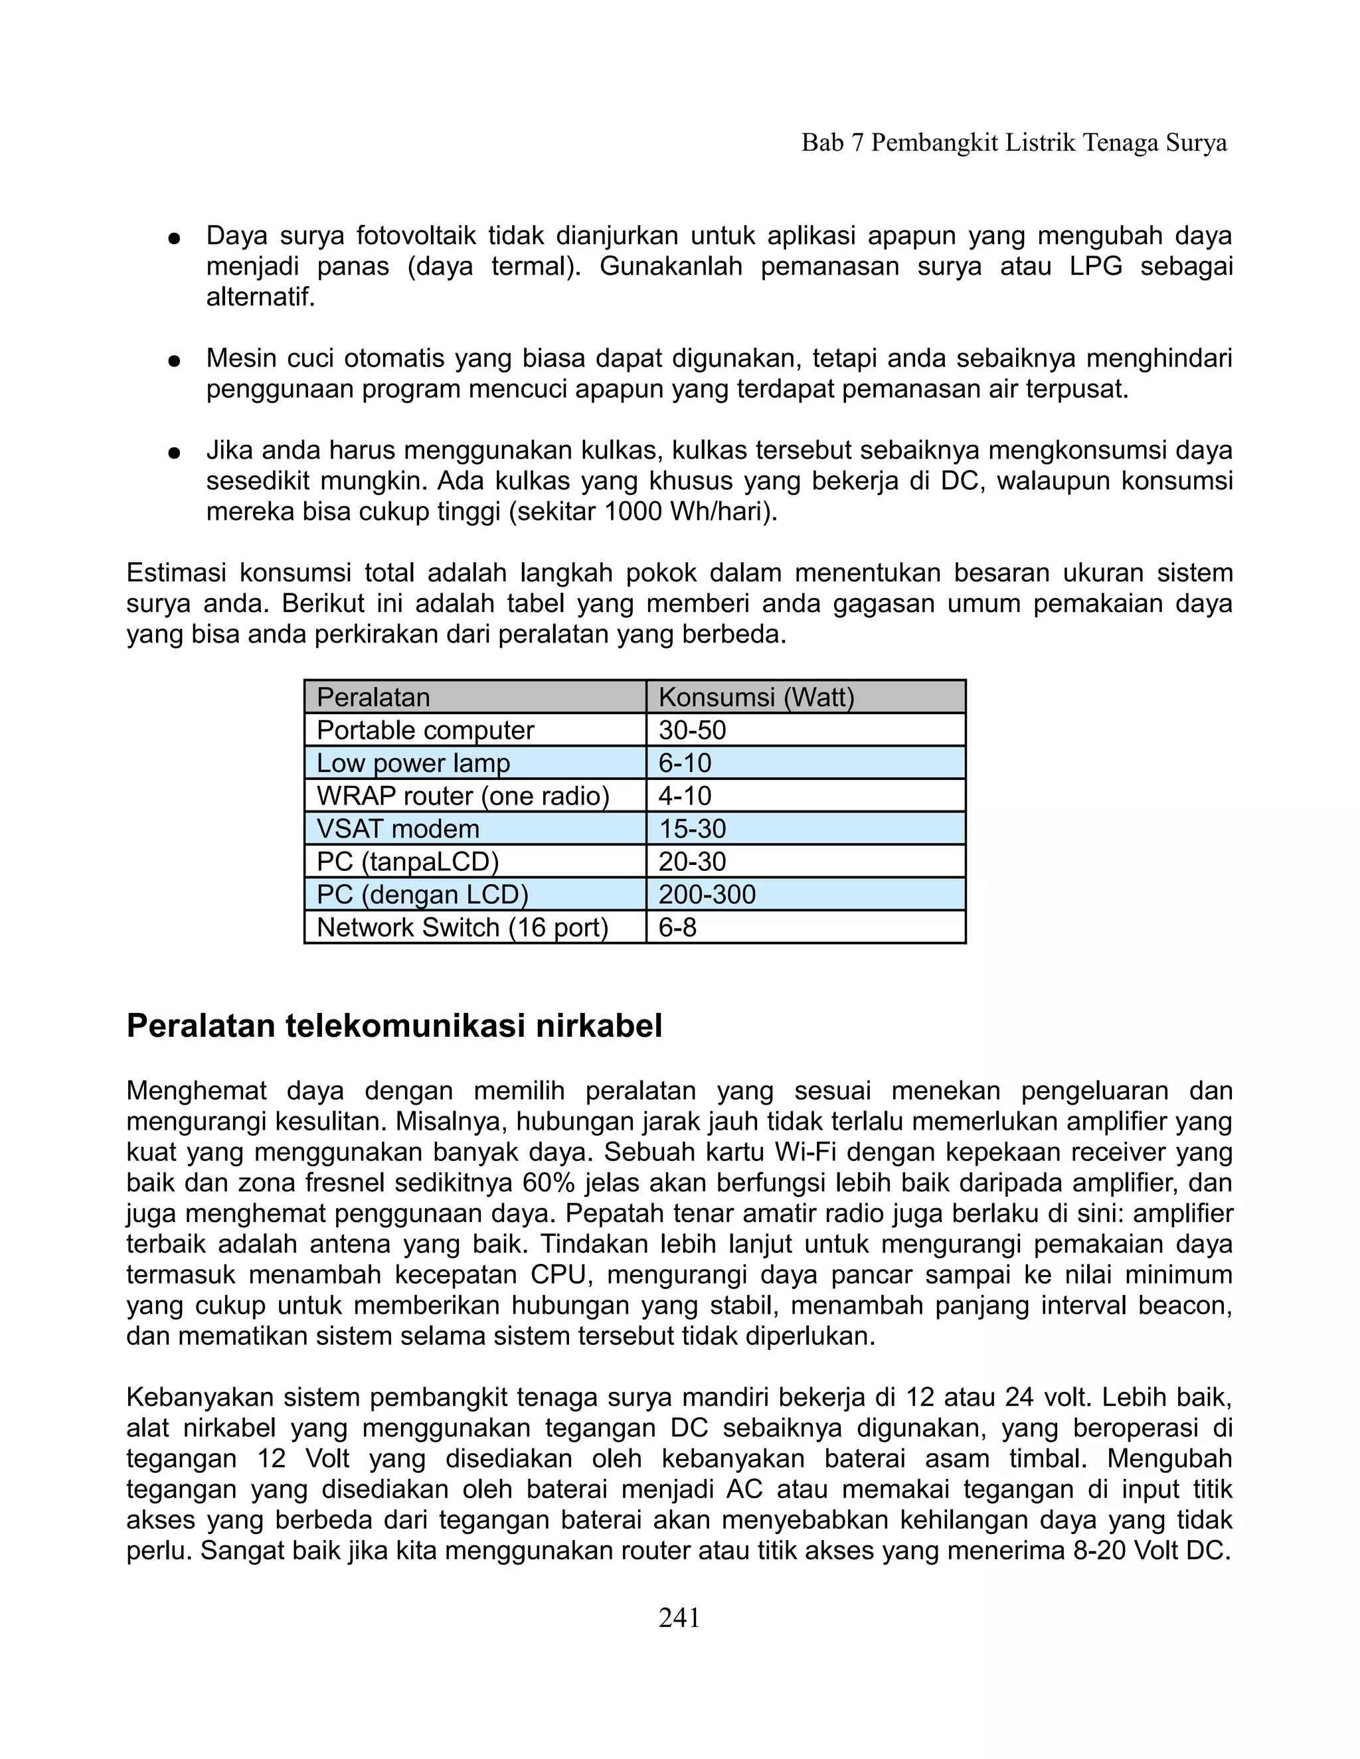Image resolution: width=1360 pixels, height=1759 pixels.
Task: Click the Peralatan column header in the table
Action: pos(373,698)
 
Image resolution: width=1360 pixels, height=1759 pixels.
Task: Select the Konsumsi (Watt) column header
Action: pos(756,698)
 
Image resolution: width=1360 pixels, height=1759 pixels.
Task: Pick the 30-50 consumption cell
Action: pos(692,731)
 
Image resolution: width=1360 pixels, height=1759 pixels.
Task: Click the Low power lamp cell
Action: pos(412,763)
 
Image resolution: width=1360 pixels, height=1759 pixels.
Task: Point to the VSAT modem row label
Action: pos(397,829)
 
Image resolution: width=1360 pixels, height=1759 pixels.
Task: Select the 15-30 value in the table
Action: pos(692,829)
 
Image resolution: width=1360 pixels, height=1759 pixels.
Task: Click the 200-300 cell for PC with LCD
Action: pos(707,895)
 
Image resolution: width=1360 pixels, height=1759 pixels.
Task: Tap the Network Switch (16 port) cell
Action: pos(462,928)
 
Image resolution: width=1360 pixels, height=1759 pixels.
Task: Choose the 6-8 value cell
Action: pos(677,928)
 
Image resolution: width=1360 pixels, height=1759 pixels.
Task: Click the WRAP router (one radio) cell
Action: pos(462,797)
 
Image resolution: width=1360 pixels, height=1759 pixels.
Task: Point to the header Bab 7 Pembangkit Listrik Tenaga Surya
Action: pos(1013,143)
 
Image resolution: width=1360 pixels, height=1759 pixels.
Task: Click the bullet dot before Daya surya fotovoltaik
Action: pos(173,238)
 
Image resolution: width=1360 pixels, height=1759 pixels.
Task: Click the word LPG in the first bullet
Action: pos(1096,267)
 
